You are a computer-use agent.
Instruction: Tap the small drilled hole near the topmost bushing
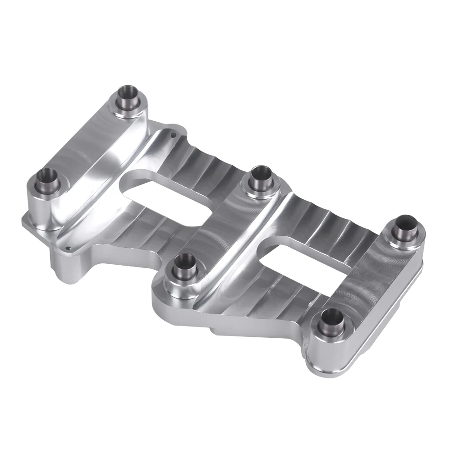(173, 133)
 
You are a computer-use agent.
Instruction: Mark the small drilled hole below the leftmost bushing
(68, 247)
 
